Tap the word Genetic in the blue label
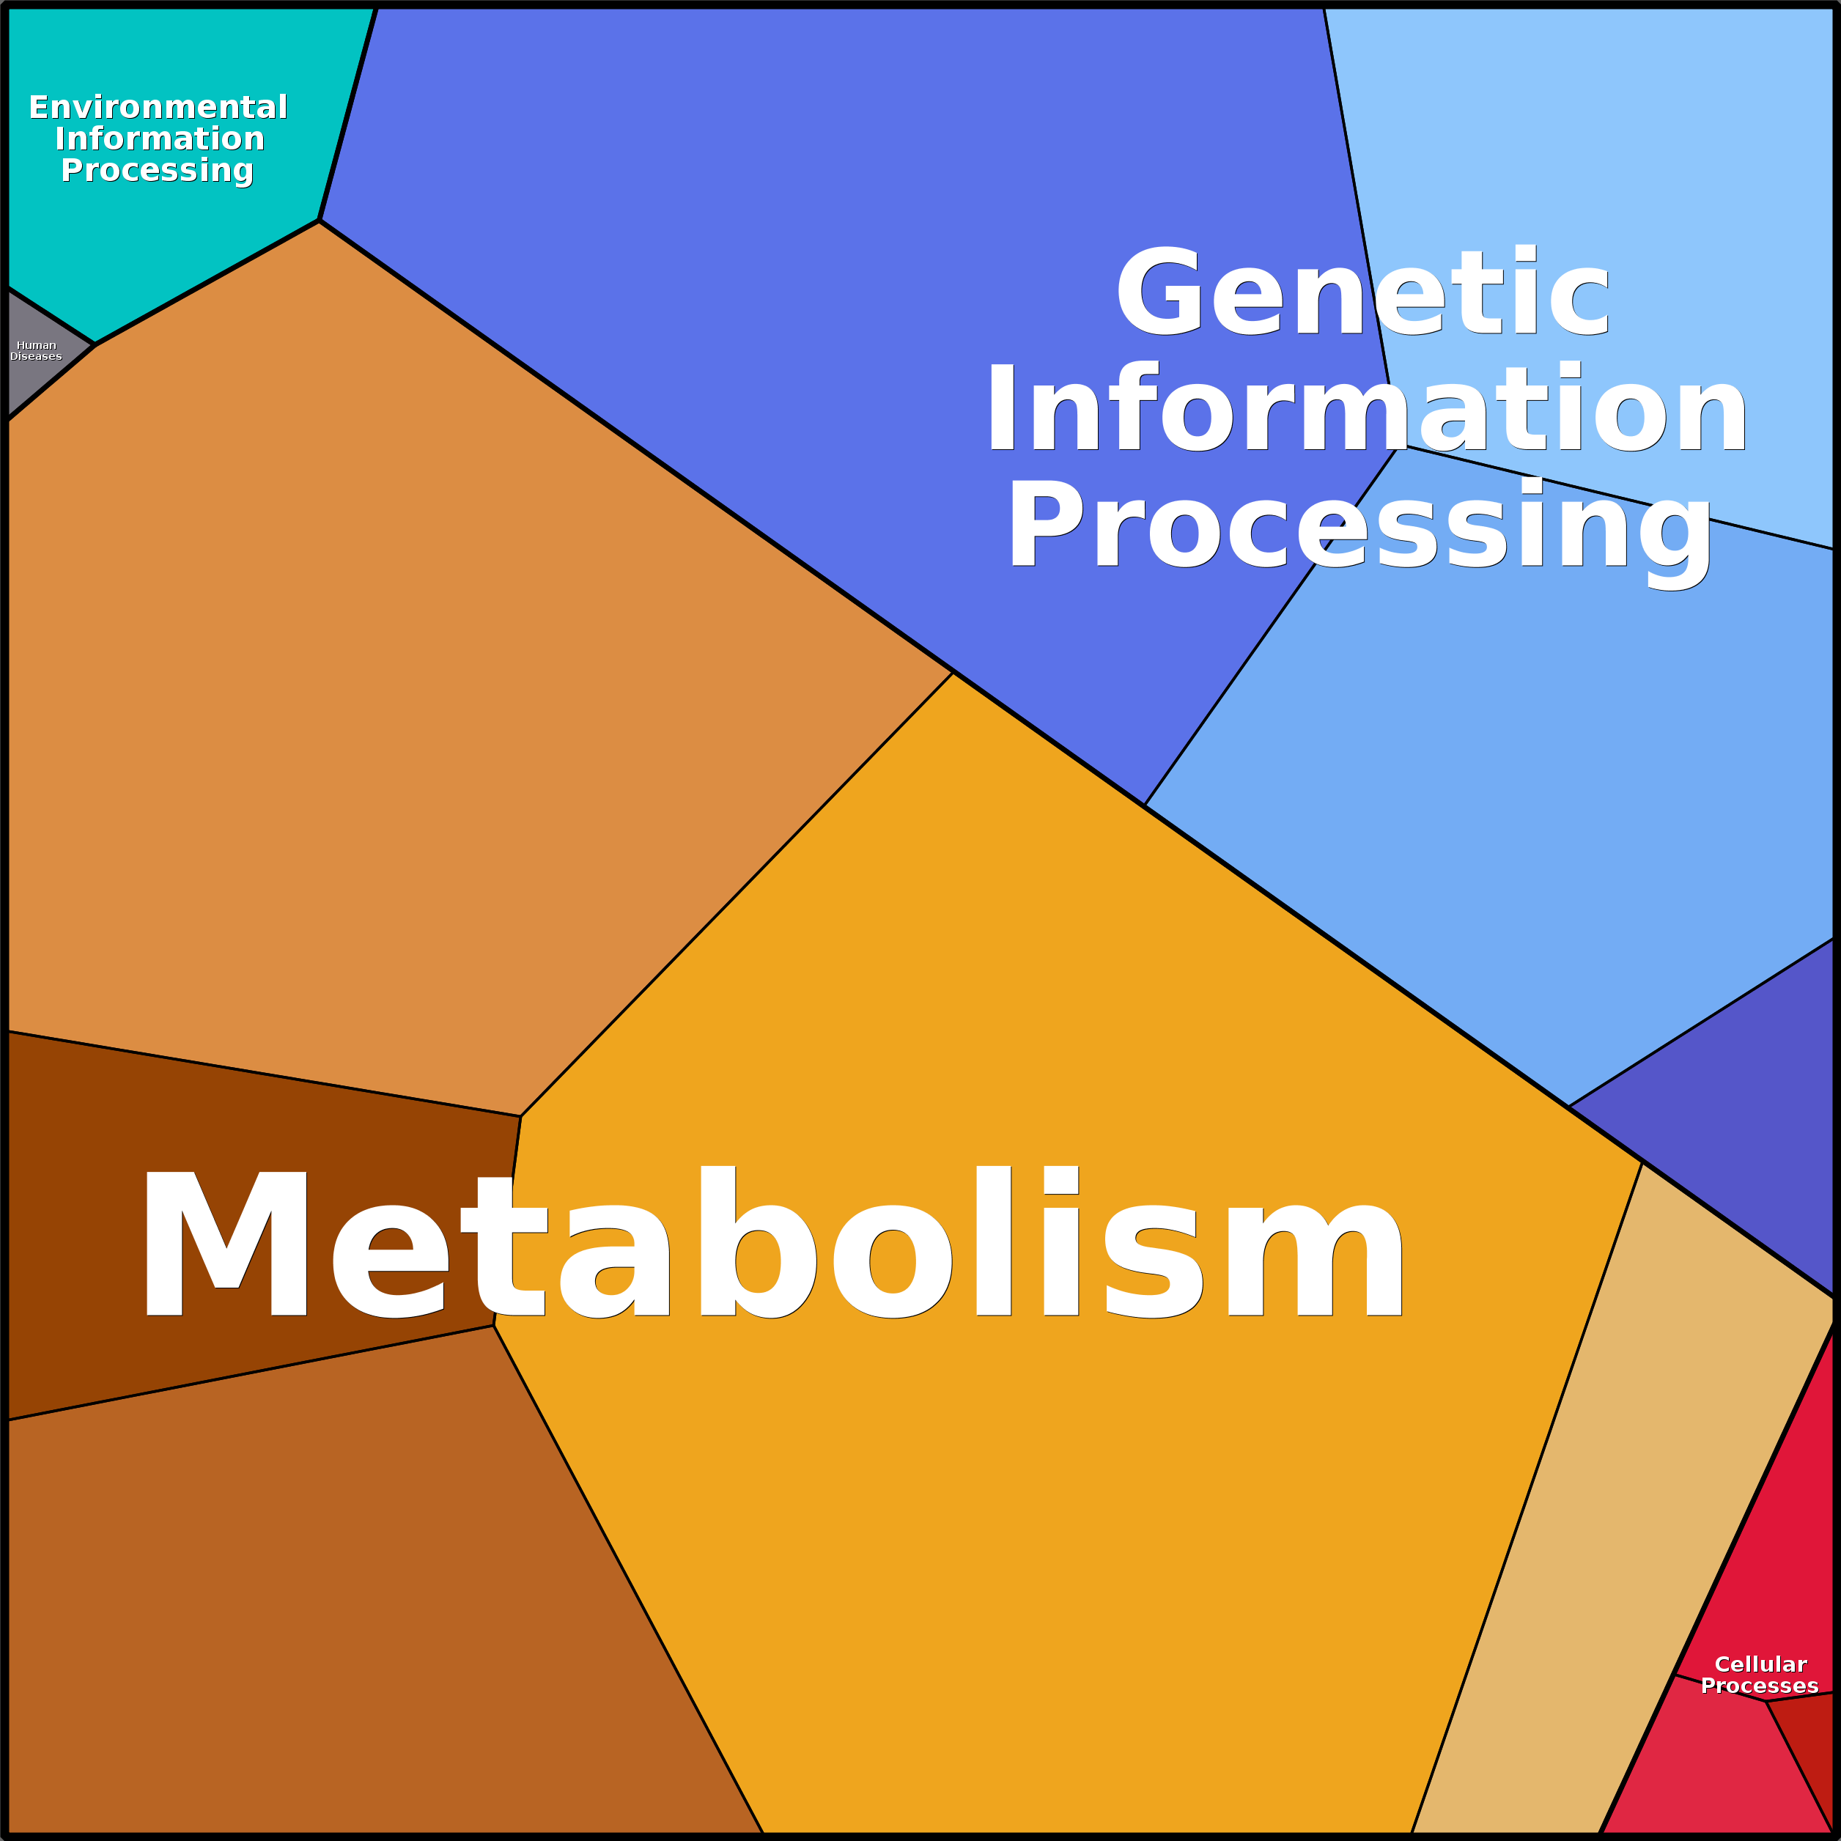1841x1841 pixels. [1362, 292]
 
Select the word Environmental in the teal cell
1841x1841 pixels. [158, 107]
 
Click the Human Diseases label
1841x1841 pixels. [36, 350]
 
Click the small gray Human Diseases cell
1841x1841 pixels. [38, 353]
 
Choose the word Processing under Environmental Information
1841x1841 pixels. [158, 171]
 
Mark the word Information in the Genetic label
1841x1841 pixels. [1366, 407]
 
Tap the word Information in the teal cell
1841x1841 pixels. [159, 139]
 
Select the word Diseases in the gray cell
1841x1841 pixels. [36, 356]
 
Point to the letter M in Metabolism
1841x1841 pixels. [226, 1244]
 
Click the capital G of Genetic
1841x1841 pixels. [1158, 292]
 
